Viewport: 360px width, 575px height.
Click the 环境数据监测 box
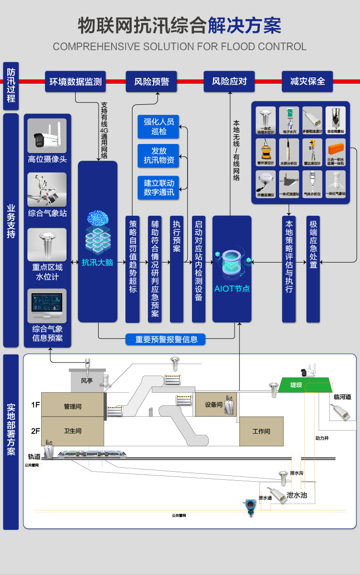76,81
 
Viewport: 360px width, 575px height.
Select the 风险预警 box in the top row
151,81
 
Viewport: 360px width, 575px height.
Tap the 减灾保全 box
307,81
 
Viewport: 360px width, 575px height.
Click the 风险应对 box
229,81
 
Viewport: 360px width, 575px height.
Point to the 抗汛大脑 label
97,262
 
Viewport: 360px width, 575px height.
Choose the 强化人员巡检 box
158,126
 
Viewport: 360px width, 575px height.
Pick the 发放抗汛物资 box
158,155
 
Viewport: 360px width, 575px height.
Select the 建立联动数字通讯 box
158,188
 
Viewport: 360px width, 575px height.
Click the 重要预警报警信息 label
166,339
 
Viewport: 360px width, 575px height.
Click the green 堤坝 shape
304,385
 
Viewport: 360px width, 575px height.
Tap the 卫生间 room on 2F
72,431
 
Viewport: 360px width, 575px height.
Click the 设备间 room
215,405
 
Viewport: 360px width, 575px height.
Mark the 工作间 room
261,431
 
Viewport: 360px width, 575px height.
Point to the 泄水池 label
296,495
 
